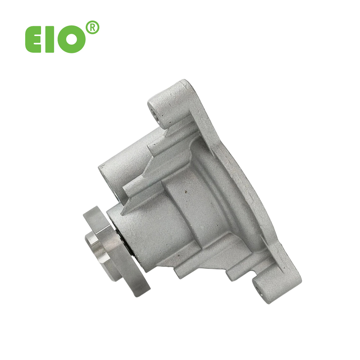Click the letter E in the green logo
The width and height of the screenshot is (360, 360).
[x=33, y=39]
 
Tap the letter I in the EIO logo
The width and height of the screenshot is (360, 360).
[x=50, y=39]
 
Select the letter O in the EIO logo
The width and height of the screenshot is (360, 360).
[x=71, y=39]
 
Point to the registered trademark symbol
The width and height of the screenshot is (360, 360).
[x=92, y=28]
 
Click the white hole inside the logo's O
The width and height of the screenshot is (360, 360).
[x=72, y=39]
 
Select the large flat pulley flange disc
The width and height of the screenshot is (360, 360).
[x=117, y=251]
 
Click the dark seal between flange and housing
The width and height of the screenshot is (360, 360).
[x=125, y=243]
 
